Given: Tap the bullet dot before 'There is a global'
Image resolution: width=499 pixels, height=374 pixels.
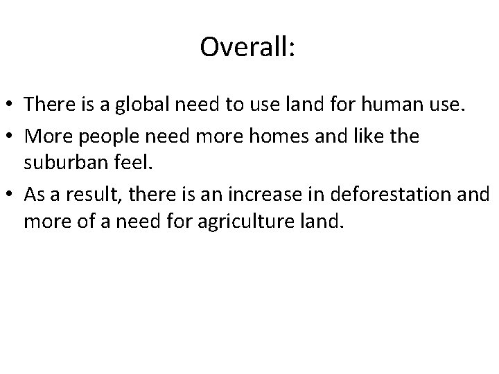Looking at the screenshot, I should point(12,105).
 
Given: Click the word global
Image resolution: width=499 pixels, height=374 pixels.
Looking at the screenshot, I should point(141,105).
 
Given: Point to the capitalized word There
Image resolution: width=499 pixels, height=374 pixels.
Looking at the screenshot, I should point(46,105).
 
